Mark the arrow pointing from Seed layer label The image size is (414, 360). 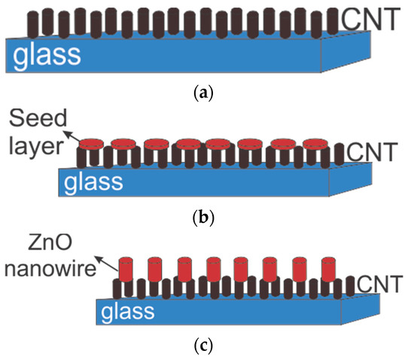click(72, 136)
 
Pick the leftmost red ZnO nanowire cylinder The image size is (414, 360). click(125, 270)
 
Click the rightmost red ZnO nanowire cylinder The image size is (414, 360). click(328, 270)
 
